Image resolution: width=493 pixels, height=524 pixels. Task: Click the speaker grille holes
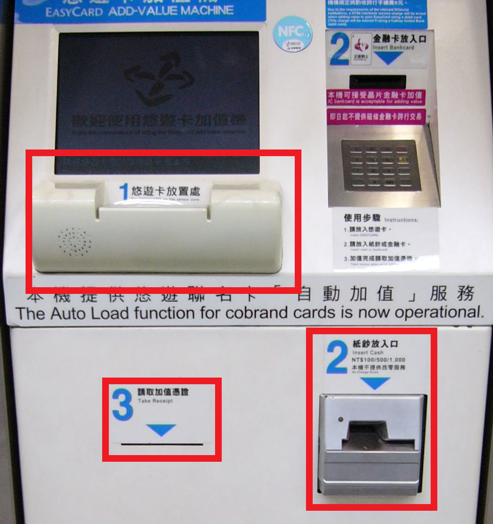point(75,243)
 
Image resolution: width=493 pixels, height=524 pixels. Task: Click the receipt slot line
point(162,444)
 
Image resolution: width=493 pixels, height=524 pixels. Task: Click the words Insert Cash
point(367,353)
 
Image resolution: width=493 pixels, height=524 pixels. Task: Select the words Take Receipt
point(155,401)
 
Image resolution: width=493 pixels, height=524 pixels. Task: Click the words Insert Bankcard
point(393,47)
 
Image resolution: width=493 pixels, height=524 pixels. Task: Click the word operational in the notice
point(436,312)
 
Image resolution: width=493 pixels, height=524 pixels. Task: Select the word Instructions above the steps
point(401,220)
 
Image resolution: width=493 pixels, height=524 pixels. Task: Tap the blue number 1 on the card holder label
point(124,192)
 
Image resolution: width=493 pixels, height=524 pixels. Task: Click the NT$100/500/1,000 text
point(379,360)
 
